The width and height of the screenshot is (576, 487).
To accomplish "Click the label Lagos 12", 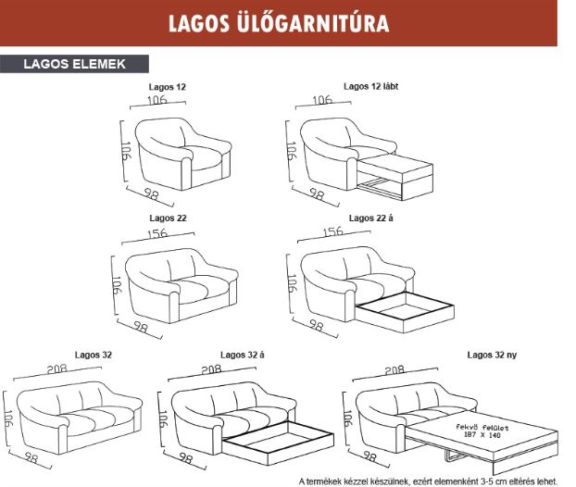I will [168, 87].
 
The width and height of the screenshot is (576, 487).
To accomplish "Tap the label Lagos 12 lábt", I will [369, 86].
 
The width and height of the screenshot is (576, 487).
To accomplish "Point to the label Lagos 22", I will [168, 219].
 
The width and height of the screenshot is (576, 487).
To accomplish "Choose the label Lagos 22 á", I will [369, 219].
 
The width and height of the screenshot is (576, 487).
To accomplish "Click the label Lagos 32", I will [93, 355].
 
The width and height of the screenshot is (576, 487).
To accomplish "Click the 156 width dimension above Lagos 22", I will [158, 234].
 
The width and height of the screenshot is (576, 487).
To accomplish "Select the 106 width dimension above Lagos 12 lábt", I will [323, 100].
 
